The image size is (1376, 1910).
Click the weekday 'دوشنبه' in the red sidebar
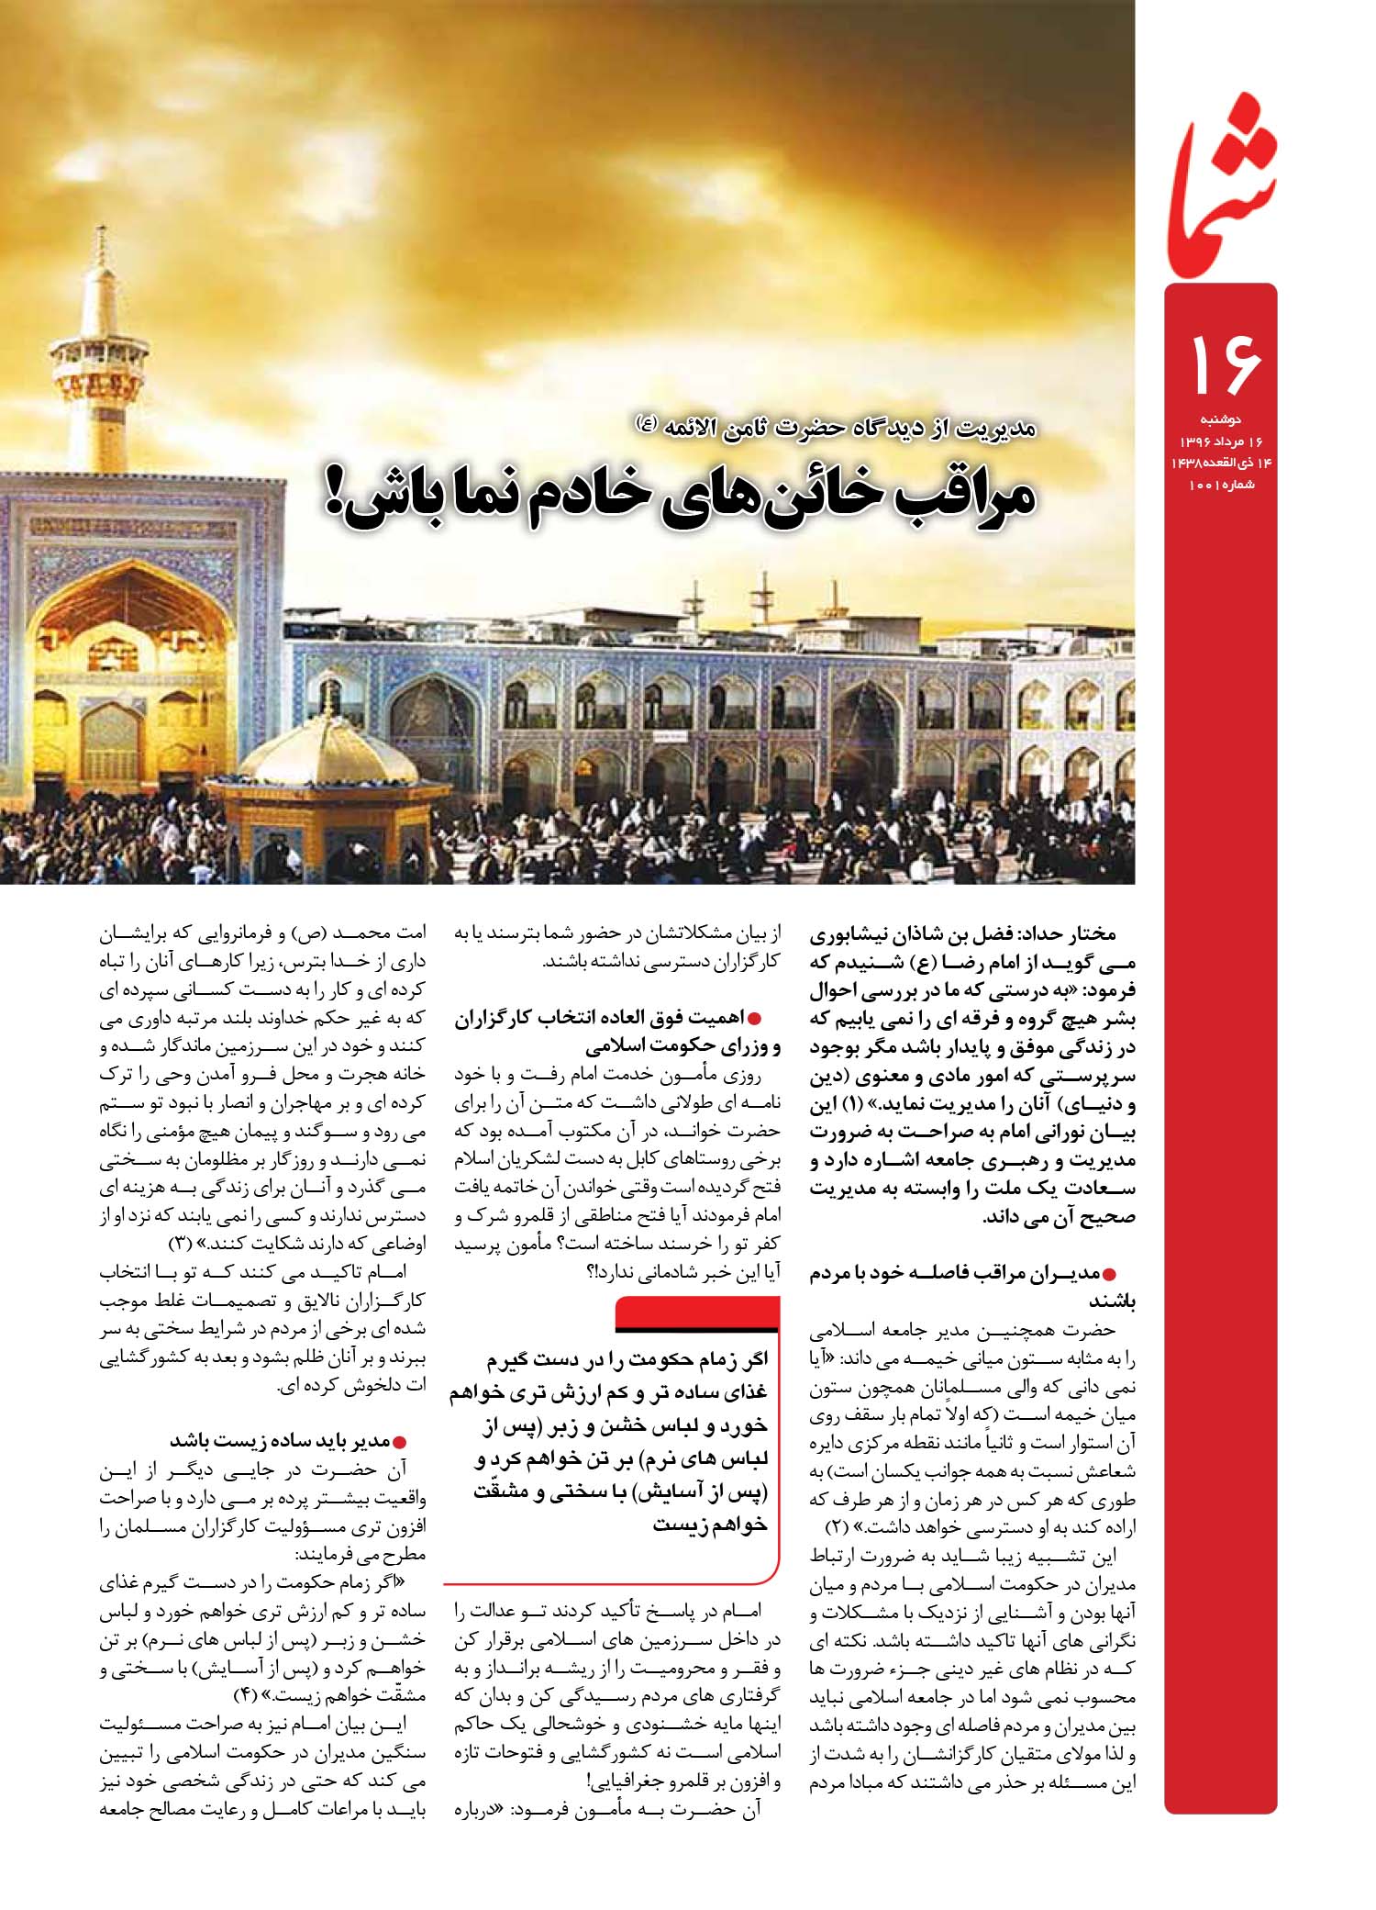[x=1222, y=419]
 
